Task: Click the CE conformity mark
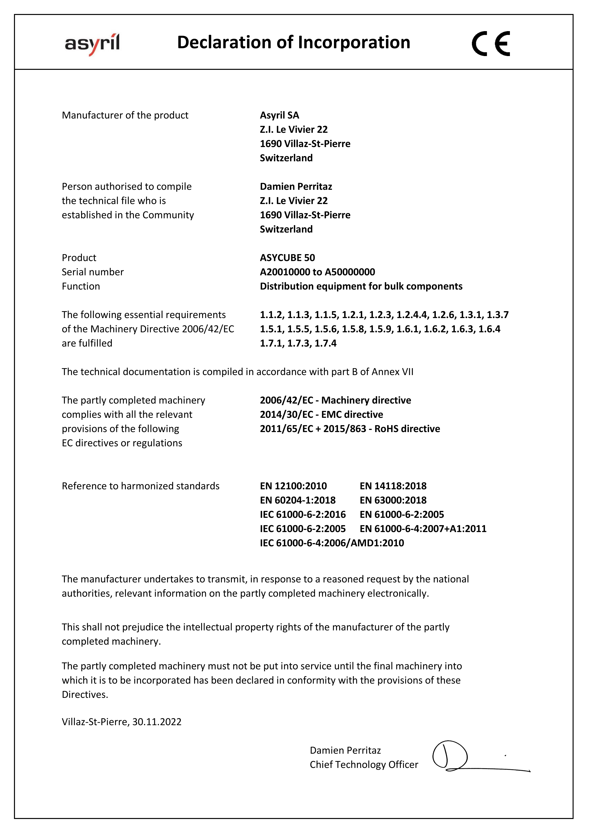[491, 43]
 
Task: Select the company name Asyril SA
[279, 115]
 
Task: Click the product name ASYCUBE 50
[287, 257]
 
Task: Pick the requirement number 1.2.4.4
[412, 314]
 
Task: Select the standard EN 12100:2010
[293, 486]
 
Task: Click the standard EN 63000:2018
[393, 500]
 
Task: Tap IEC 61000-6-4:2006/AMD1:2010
[332, 543]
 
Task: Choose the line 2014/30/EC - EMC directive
[321, 414]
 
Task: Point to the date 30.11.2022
[157, 722]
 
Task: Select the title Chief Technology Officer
[364, 764]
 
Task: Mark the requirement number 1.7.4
[326, 343]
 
